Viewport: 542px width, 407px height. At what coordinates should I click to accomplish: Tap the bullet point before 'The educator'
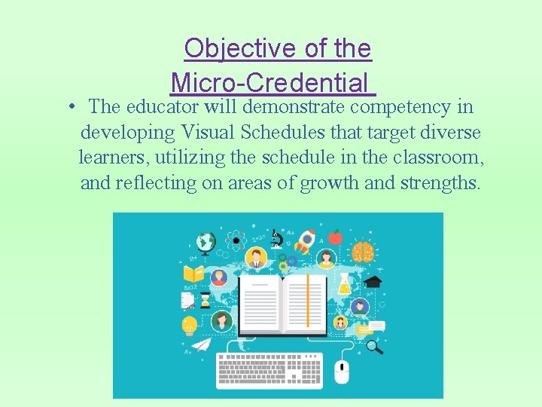[69, 107]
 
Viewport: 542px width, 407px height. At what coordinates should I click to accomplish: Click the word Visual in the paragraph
[211, 132]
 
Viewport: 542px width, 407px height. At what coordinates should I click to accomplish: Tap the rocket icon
[305, 241]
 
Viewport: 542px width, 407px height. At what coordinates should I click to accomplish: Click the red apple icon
[335, 237]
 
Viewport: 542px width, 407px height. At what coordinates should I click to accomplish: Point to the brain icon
[363, 252]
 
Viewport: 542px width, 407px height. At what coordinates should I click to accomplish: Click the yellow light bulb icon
[189, 325]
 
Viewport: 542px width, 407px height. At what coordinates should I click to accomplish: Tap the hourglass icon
[205, 300]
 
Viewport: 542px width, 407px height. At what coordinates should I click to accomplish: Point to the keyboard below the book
[269, 370]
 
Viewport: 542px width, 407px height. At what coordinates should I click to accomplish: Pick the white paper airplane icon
[200, 344]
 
